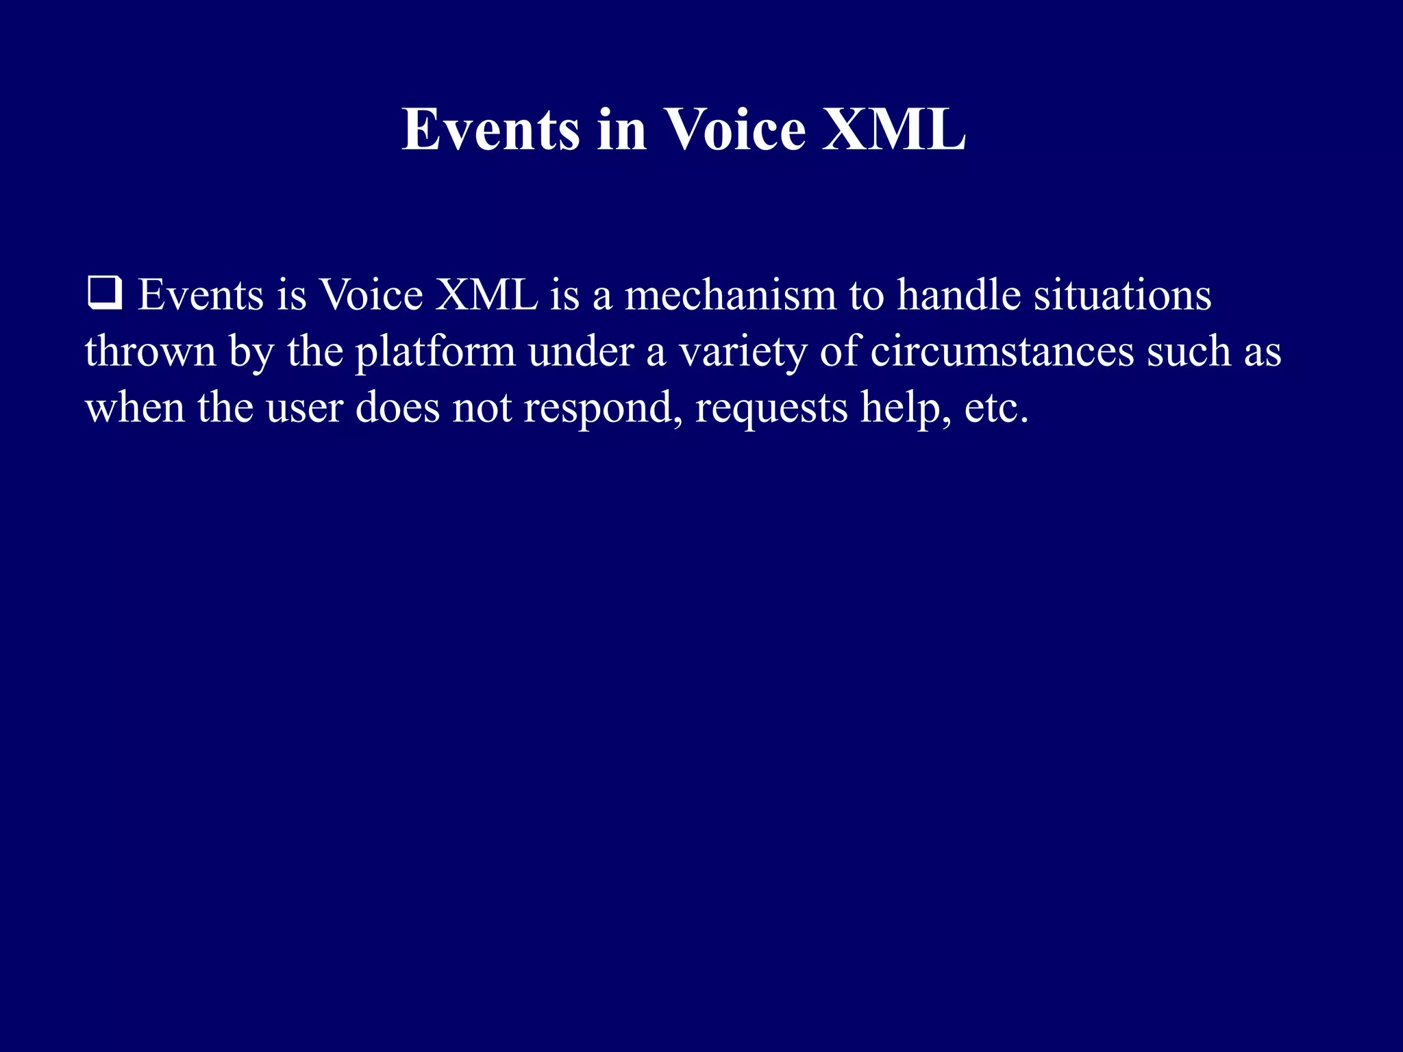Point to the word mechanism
(730, 296)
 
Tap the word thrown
(151, 352)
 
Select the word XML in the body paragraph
(487, 296)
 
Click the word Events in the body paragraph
(201, 296)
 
